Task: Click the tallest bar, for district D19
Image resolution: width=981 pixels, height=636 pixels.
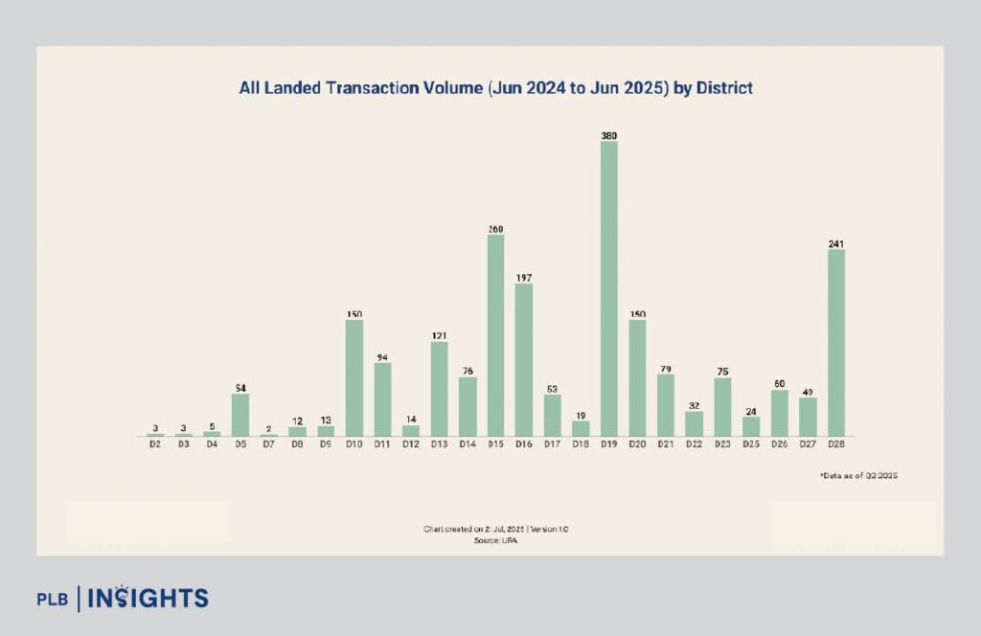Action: coord(609,288)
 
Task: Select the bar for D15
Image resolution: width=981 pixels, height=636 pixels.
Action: coord(495,335)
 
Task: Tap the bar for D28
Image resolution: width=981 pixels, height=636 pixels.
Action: coord(836,343)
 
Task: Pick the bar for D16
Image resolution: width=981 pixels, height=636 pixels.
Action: coord(524,359)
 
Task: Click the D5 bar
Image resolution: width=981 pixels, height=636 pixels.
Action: coord(240,415)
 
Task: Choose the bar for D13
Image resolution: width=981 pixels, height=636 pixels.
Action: coord(439,389)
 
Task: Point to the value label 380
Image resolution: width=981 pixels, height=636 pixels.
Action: coord(609,136)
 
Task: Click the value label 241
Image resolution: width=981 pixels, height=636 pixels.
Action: coord(836,243)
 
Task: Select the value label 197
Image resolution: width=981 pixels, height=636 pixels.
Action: coord(524,278)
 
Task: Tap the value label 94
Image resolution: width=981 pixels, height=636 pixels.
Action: coord(382,357)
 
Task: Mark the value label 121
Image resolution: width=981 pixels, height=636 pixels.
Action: coord(439,336)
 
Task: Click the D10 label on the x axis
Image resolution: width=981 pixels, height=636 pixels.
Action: coord(354,444)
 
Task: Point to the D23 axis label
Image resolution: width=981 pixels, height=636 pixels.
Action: coord(722,444)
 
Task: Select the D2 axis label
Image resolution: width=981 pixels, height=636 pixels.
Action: coord(155,444)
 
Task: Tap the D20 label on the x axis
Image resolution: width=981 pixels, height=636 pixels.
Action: coord(637,444)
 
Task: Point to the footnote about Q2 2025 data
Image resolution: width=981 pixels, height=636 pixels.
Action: coord(858,475)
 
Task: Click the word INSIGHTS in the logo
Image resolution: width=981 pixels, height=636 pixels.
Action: coord(148,599)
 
